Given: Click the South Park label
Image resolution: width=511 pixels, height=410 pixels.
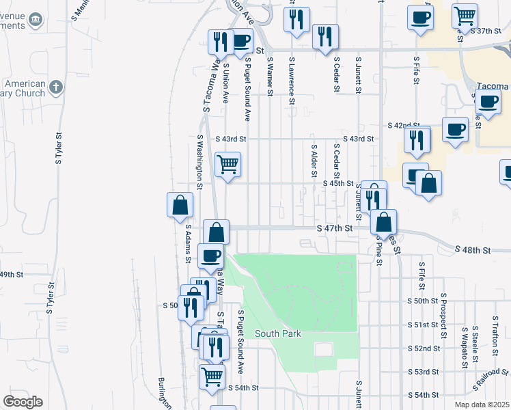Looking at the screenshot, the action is click(x=278, y=333).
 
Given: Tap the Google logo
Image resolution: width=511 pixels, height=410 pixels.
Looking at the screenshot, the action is click(x=23, y=402).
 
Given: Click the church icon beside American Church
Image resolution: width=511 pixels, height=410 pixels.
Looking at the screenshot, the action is click(x=56, y=87).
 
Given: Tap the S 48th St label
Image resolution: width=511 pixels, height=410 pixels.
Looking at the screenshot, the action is click(x=473, y=251).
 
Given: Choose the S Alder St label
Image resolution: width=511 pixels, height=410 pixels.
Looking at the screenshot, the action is click(x=314, y=161).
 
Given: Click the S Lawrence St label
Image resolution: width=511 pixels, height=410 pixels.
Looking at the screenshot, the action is click(x=292, y=80).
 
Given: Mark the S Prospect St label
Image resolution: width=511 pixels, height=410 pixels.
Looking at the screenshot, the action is click(x=443, y=311).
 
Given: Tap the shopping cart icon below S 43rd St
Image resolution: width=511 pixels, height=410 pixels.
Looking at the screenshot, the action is click(x=227, y=164).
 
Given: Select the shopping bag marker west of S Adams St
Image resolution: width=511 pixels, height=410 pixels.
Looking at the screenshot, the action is click(x=180, y=204).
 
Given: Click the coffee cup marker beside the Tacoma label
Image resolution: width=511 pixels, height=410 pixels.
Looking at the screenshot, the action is click(x=488, y=102).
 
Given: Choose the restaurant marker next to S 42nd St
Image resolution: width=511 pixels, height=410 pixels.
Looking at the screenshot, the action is click(x=417, y=140).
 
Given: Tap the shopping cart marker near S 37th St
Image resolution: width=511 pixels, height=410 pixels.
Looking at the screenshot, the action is click(x=465, y=15).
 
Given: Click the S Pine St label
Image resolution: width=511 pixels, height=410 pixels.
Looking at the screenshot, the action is click(x=378, y=252).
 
